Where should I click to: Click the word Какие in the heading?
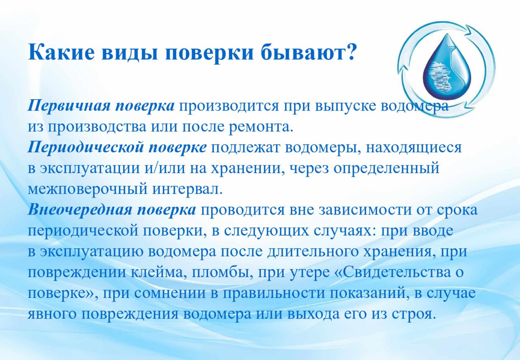point(61,52)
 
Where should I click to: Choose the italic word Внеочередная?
point(80,210)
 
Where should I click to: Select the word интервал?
point(188,189)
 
